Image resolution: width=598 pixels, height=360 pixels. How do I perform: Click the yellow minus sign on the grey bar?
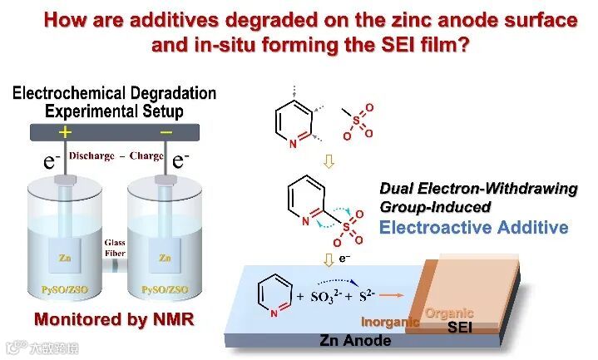pos(166,132)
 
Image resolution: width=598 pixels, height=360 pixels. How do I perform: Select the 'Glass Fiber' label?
pos(115,248)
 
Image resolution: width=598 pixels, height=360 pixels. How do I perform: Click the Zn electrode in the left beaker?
pos(65,259)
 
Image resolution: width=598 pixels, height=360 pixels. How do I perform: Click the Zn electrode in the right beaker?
pos(165,259)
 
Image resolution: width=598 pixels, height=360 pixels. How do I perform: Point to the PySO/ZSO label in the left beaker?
pos(66,288)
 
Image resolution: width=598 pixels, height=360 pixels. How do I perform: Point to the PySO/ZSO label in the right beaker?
pos(165,288)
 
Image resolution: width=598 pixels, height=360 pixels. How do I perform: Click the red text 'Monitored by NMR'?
pos(114,319)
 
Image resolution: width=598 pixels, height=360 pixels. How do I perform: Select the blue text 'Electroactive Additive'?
pos(474,227)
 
